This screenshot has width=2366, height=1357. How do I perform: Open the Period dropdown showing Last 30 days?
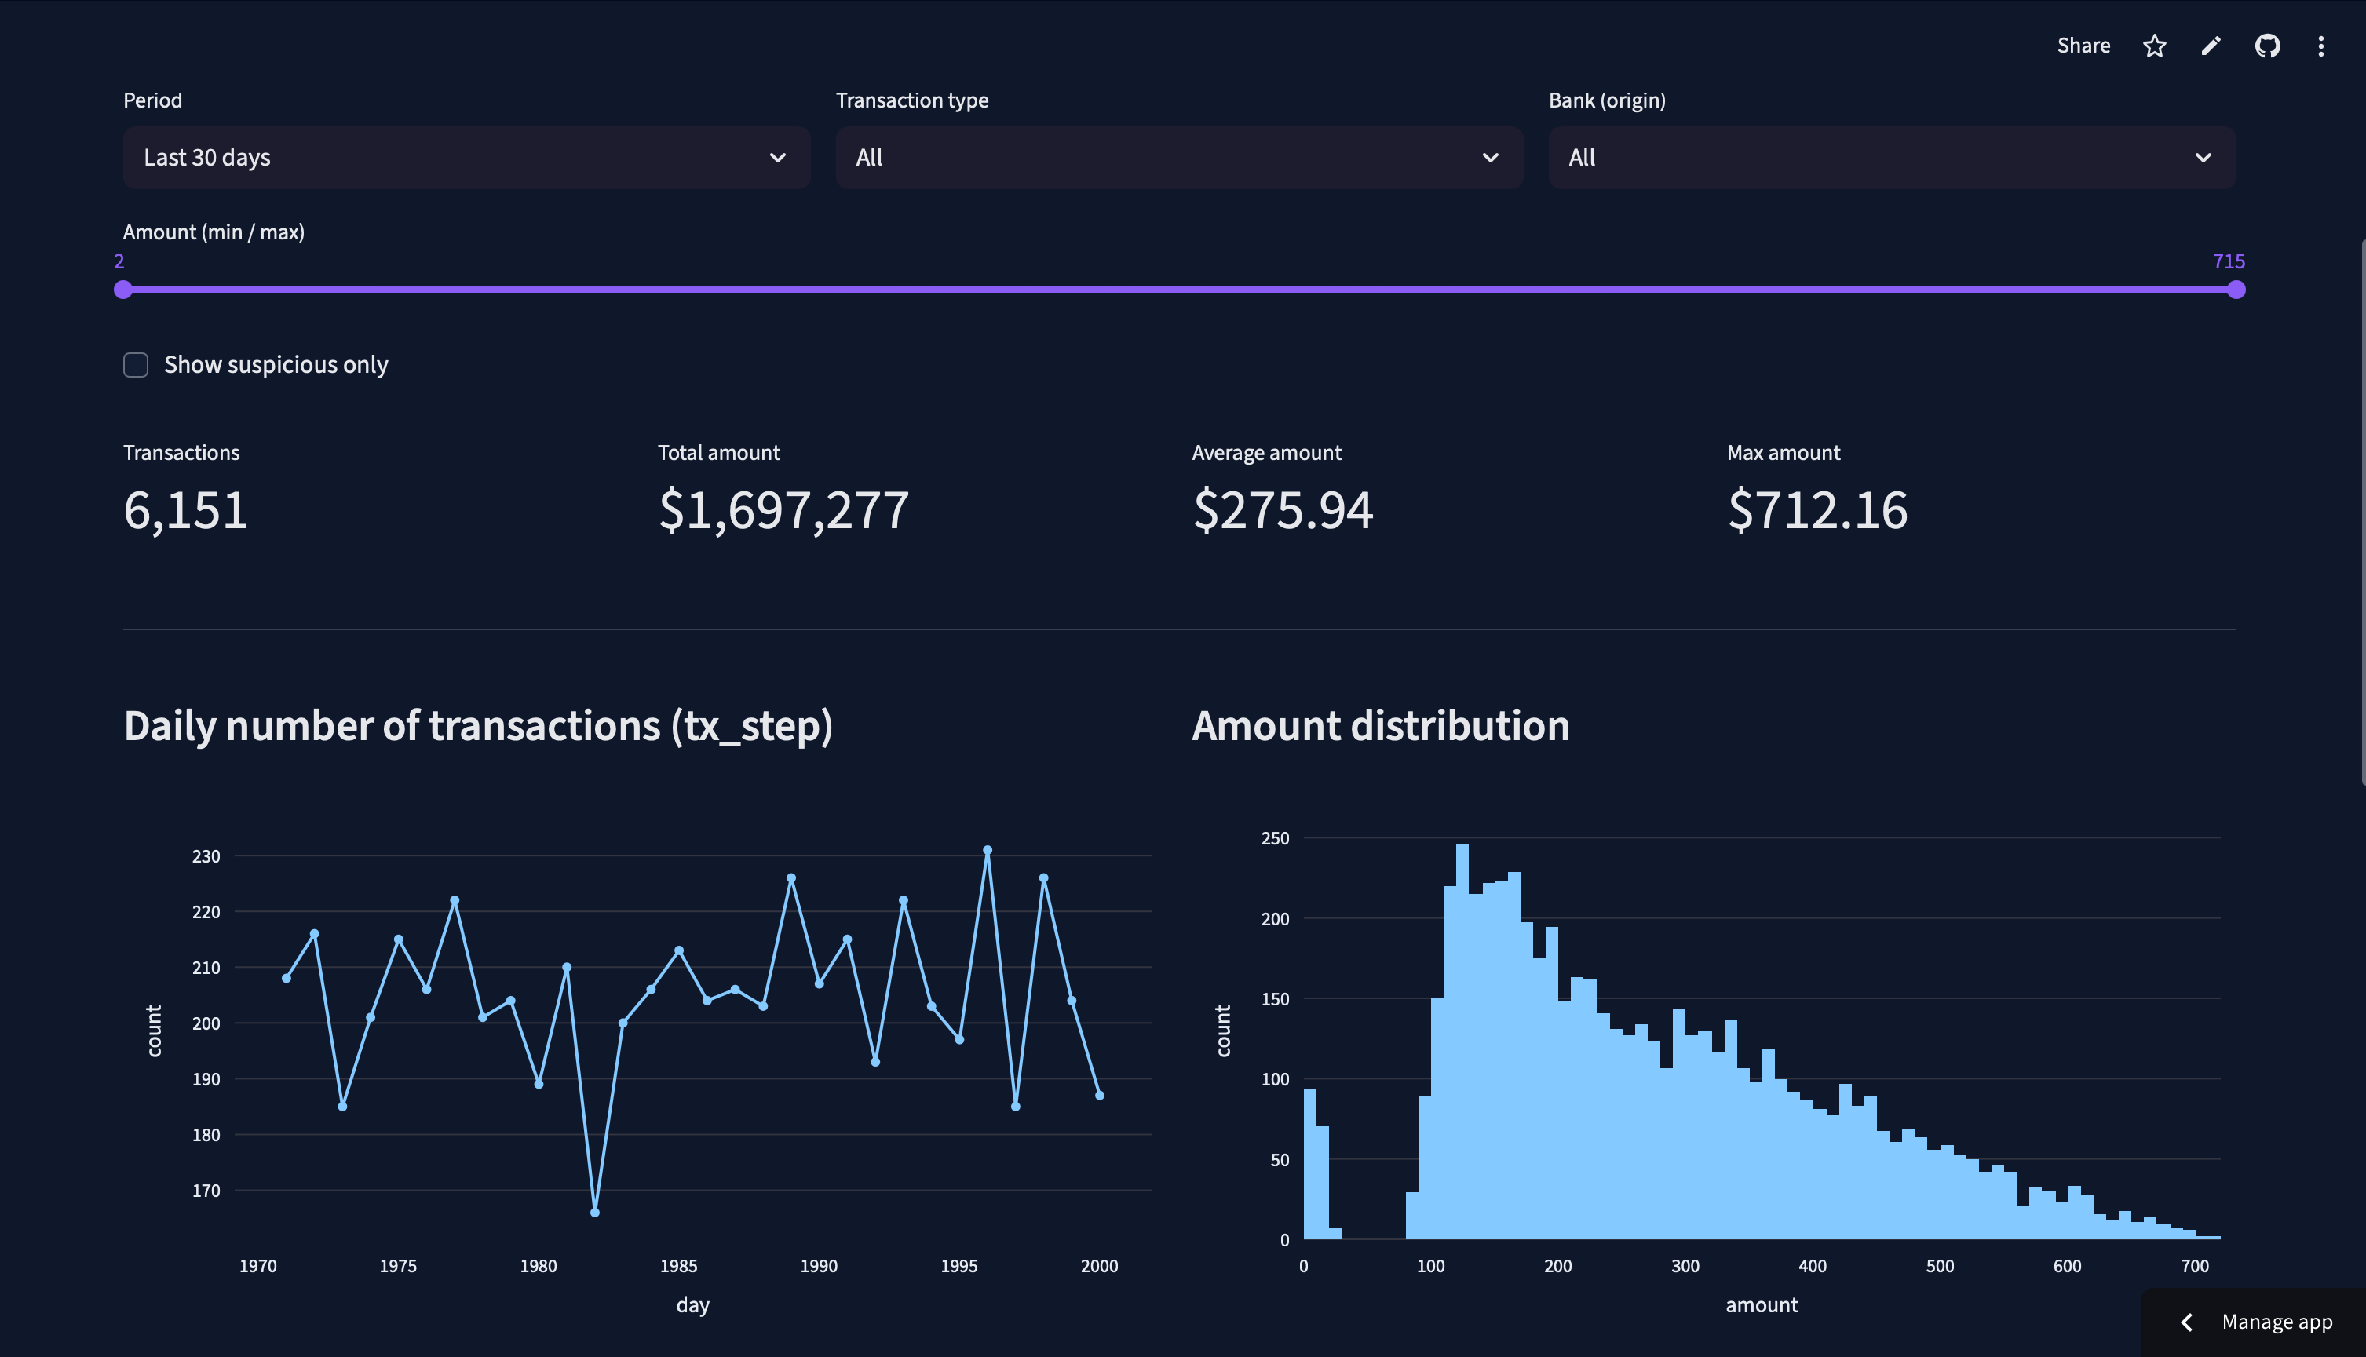pos(466,158)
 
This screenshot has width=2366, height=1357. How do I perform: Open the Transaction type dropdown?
pos(1178,158)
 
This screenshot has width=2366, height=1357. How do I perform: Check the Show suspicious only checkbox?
pos(136,364)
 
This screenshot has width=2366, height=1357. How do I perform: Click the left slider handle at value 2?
pos(123,290)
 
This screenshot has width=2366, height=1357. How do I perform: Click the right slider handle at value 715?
pos(2236,290)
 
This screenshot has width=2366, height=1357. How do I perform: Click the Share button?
pos(2083,46)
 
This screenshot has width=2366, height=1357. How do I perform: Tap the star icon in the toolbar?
pos(2153,46)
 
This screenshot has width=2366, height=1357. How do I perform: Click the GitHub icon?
pos(2267,46)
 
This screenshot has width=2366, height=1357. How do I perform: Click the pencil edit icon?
pos(2211,46)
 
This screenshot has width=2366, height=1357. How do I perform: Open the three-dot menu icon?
pos(2320,46)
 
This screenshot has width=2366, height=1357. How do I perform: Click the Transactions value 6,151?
pos(185,511)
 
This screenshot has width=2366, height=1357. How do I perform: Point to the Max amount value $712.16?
pos(1817,511)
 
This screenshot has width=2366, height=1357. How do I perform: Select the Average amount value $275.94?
pos(1283,511)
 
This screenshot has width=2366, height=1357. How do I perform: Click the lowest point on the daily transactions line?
pos(595,1212)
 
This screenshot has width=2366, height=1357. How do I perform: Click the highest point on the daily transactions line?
pos(988,850)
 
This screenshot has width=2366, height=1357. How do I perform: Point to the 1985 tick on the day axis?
pos(679,1266)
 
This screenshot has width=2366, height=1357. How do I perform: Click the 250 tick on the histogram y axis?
pos(1274,838)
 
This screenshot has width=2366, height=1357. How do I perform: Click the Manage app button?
pos(2256,1322)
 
